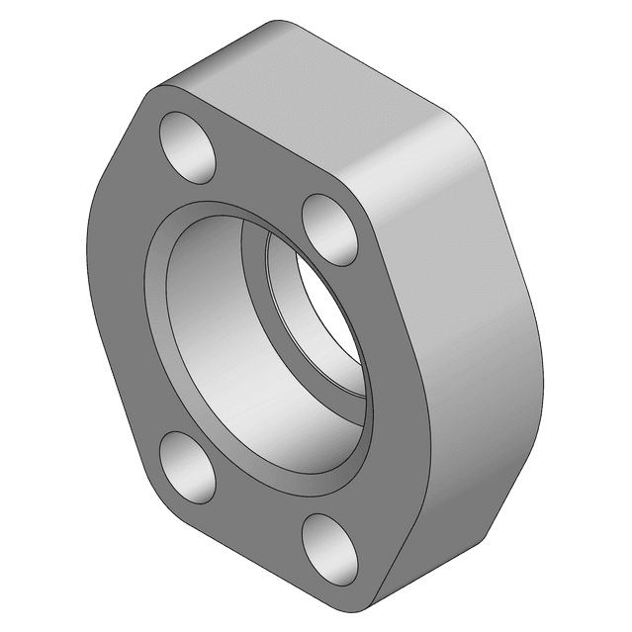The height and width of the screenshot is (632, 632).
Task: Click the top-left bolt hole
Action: click(189, 147)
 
